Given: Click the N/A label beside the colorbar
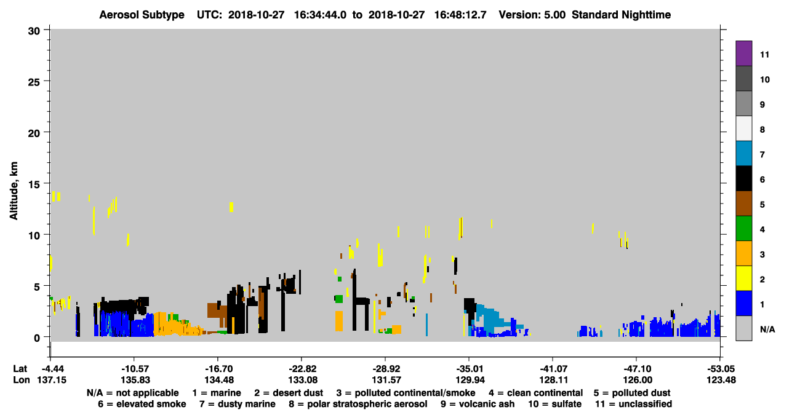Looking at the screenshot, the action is tap(767, 329).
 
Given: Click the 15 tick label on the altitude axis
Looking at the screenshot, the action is tap(34, 184).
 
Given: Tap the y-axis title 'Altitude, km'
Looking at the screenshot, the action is tap(14, 191).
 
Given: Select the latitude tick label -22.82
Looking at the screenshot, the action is tap(302, 369).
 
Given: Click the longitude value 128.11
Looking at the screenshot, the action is tap(554, 380).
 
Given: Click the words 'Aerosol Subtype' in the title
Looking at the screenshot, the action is tap(142, 15).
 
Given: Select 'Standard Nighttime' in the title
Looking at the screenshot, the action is tap(621, 15).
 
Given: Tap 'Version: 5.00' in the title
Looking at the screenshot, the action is tap(532, 15).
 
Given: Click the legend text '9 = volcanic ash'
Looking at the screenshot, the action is tap(478, 404).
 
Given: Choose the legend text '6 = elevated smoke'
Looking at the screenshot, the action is tap(142, 404).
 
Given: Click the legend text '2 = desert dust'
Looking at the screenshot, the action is tap(289, 393).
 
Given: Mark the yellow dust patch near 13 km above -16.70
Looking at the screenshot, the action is tap(231, 207).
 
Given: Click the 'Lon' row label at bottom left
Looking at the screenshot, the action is tap(22, 380).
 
